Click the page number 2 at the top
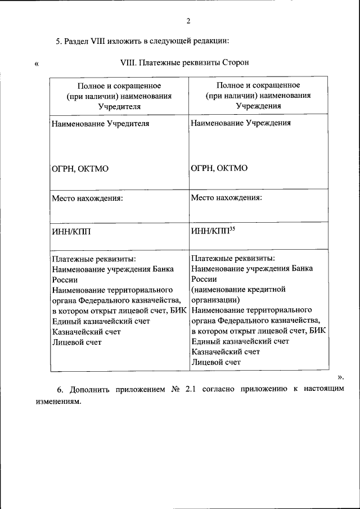(x=188, y=21)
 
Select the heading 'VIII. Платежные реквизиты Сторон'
(x=184, y=62)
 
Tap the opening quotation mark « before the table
(x=37, y=63)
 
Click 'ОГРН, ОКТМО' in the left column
(x=80, y=168)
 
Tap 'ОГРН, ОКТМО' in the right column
(x=219, y=168)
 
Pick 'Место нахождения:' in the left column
(x=87, y=198)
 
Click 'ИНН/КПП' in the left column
(x=70, y=230)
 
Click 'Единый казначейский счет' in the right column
(x=240, y=341)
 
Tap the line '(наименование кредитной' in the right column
(x=238, y=289)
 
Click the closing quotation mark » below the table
(x=340, y=376)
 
